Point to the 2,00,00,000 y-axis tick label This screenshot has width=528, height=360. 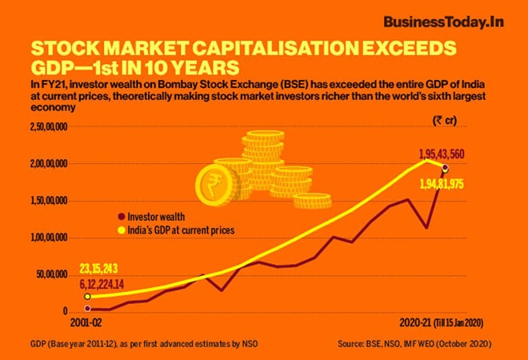(50, 164)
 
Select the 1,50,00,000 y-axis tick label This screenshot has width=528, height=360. (50, 201)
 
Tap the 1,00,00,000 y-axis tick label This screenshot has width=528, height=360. (50, 238)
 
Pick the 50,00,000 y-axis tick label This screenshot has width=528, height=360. (53, 274)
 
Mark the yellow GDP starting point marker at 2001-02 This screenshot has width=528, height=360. (86, 296)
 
